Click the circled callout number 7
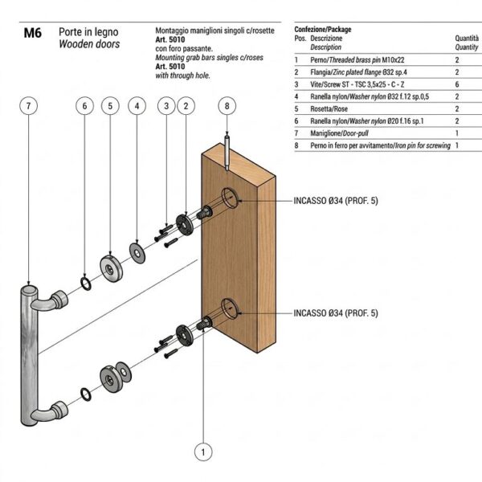28,106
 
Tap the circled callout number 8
227,106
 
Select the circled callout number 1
203,452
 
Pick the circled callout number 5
110,106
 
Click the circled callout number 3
166,106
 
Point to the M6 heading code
33,33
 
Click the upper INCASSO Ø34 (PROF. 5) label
336,201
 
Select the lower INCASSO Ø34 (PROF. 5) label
336,313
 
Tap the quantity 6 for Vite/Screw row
457,84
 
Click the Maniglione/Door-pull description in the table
339,133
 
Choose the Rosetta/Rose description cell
329,108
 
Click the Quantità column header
467,38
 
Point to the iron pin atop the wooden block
227,153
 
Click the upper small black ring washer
86,284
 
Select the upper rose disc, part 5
111,268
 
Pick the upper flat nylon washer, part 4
137,253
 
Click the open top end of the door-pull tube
29,290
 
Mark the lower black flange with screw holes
185,335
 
